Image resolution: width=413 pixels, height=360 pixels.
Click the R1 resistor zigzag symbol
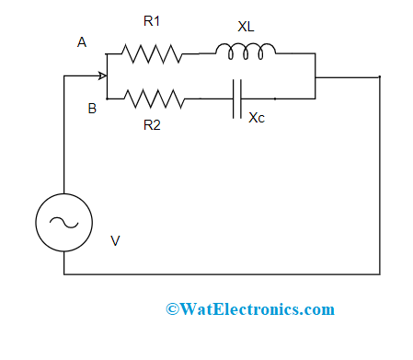point(152,53)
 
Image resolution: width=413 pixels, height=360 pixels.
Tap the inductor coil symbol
point(245,52)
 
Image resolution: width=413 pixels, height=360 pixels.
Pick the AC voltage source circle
point(63,222)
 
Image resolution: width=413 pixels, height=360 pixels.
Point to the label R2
point(153,125)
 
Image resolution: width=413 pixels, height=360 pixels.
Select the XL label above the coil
point(246,28)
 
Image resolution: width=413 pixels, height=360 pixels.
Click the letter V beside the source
point(115,241)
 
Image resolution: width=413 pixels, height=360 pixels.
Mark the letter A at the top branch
point(82,42)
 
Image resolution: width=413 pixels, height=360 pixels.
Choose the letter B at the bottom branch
point(92,109)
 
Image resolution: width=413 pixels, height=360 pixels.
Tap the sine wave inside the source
point(63,222)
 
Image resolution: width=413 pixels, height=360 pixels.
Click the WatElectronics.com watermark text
point(249,309)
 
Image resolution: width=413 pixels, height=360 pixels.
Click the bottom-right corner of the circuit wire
point(379,273)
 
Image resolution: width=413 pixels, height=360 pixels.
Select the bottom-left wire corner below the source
point(63,273)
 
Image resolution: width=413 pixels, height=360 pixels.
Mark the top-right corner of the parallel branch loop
point(315,53)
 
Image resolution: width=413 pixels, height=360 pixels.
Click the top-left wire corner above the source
point(63,76)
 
